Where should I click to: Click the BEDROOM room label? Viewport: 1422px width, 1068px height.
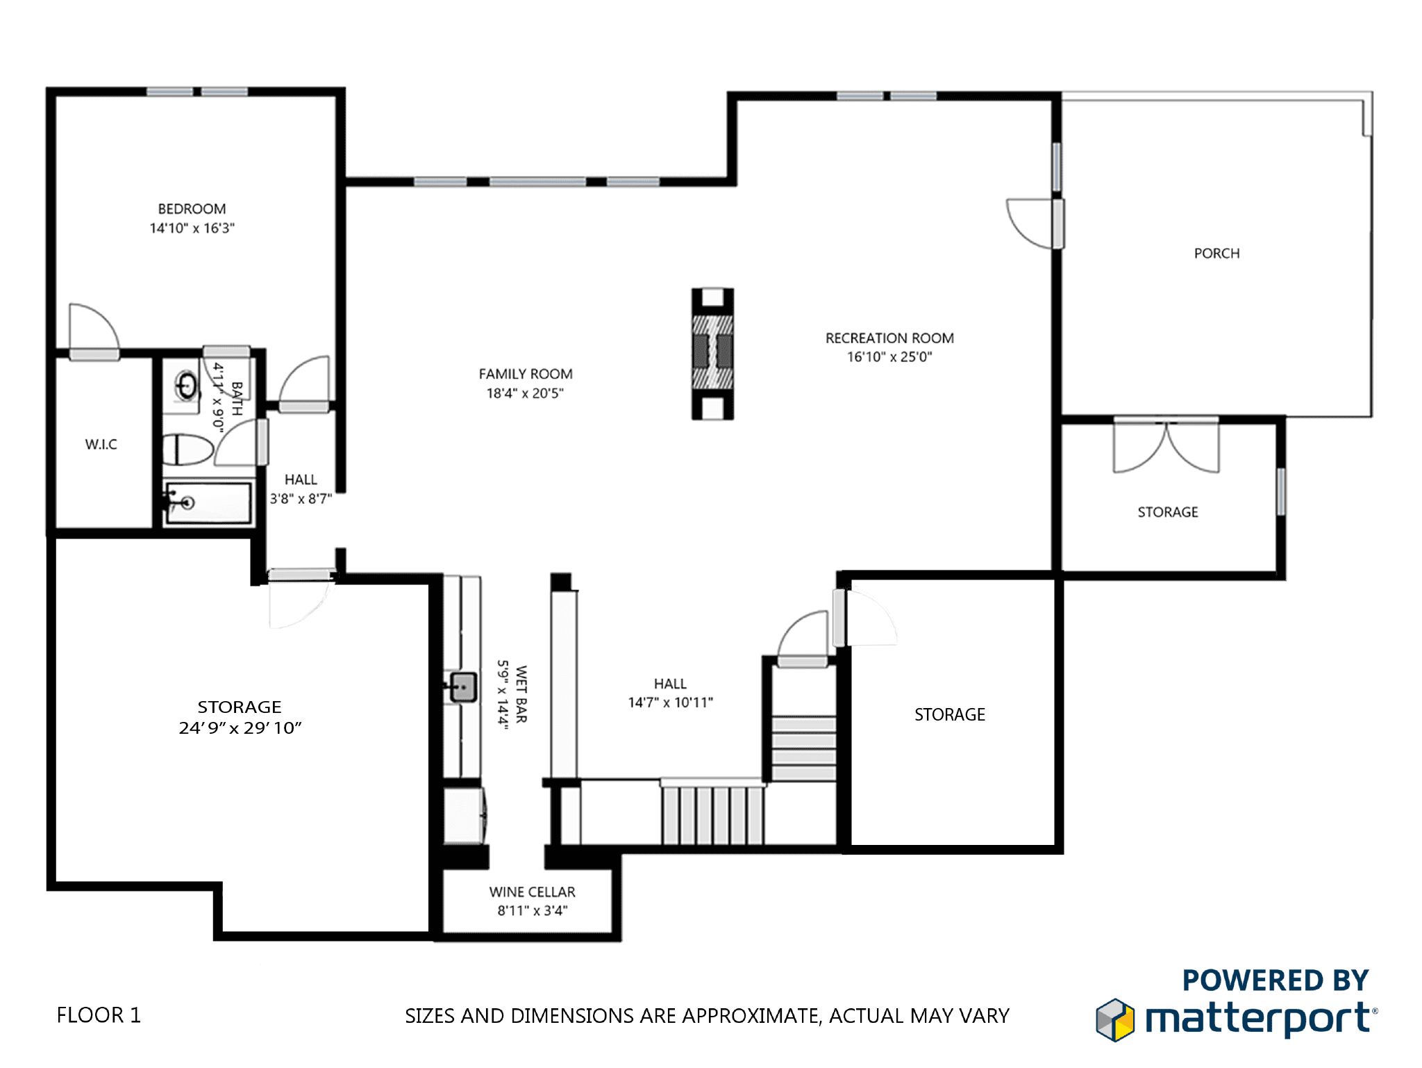point(192,208)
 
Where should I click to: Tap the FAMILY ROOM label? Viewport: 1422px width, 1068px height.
point(526,374)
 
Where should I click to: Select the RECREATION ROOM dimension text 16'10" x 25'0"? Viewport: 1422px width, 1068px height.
point(889,356)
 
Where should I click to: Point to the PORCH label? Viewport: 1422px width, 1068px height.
point(1216,254)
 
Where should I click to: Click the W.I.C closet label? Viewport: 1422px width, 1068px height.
point(101,445)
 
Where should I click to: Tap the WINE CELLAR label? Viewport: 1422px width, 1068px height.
point(532,892)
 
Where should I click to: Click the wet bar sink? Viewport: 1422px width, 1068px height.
point(463,687)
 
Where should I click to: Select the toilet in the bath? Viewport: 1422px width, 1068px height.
point(187,450)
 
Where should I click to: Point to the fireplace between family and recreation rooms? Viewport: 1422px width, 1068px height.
point(712,354)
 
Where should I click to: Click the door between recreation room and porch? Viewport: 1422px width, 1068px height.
point(1035,223)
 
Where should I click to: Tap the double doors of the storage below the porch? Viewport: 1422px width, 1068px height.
point(1166,445)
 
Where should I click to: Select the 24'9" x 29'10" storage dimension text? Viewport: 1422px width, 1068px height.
point(240,728)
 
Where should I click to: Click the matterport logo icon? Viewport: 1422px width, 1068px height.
point(1115,1019)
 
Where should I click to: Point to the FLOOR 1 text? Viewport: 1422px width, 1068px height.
point(99,1015)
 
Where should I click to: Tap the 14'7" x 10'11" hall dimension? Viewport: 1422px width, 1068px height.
point(670,703)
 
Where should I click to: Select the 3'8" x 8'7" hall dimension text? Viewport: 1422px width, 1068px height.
point(301,498)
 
